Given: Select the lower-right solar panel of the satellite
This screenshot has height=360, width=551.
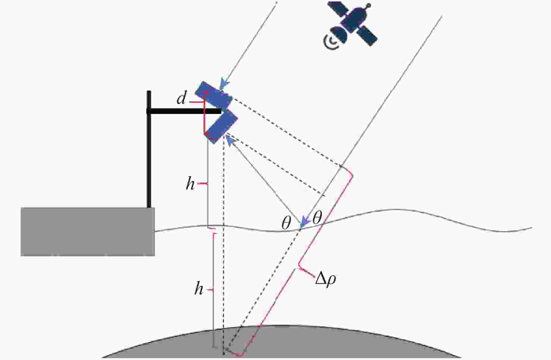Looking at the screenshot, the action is click(367, 36).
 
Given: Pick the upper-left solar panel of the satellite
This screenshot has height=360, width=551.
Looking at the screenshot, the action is click(338, 9).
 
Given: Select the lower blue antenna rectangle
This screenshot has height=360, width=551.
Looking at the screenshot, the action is click(221, 126).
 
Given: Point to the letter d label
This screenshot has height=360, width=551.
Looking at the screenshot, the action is click(182, 98).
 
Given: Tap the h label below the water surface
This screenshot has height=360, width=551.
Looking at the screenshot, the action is click(199, 288).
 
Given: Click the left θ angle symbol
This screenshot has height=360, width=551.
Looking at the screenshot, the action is click(286, 223).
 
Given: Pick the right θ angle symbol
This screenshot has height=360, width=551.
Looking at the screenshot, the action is click(317, 217).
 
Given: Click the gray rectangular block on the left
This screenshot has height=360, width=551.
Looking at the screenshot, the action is click(88, 232).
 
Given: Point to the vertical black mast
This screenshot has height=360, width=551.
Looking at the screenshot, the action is click(149, 149).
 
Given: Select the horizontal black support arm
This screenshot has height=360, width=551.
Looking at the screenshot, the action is click(184, 112).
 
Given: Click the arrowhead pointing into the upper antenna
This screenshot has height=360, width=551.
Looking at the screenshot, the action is click(224, 84).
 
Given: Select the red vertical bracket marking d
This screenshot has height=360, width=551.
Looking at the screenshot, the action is click(204, 113).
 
